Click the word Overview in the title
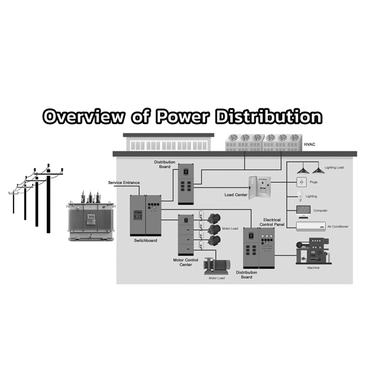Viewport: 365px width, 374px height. pyautogui.click(x=84, y=117)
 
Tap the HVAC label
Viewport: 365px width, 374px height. pyautogui.click(x=310, y=145)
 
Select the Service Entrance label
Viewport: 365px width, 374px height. pyautogui.click(x=124, y=183)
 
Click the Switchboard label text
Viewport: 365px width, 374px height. pyautogui.click(x=145, y=241)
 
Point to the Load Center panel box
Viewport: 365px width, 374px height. pyautogui.click(x=260, y=188)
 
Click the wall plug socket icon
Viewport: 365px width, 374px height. pyautogui.click(x=301, y=182)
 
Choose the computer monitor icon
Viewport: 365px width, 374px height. pyautogui.click(x=303, y=212)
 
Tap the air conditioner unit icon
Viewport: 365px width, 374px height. pyautogui.click(x=311, y=226)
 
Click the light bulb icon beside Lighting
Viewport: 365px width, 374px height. pyautogui.click(x=300, y=196)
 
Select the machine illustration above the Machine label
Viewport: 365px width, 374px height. pyautogui.click(x=313, y=251)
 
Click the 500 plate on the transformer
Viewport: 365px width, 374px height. pyautogui.click(x=91, y=217)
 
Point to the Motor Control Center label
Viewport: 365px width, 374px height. pyautogui.click(x=185, y=262)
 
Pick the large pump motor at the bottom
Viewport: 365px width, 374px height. pyautogui.click(x=217, y=266)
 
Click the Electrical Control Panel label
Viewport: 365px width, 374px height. pyautogui.click(x=272, y=222)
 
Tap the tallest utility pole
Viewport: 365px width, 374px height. pyautogui.click(x=49, y=199)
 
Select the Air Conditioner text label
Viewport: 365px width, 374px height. pyautogui.click(x=338, y=226)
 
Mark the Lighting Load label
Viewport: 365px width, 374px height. pyautogui.click(x=334, y=167)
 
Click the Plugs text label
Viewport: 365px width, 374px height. pyautogui.click(x=313, y=182)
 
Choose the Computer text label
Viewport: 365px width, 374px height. pyautogui.click(x=320, y=210)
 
